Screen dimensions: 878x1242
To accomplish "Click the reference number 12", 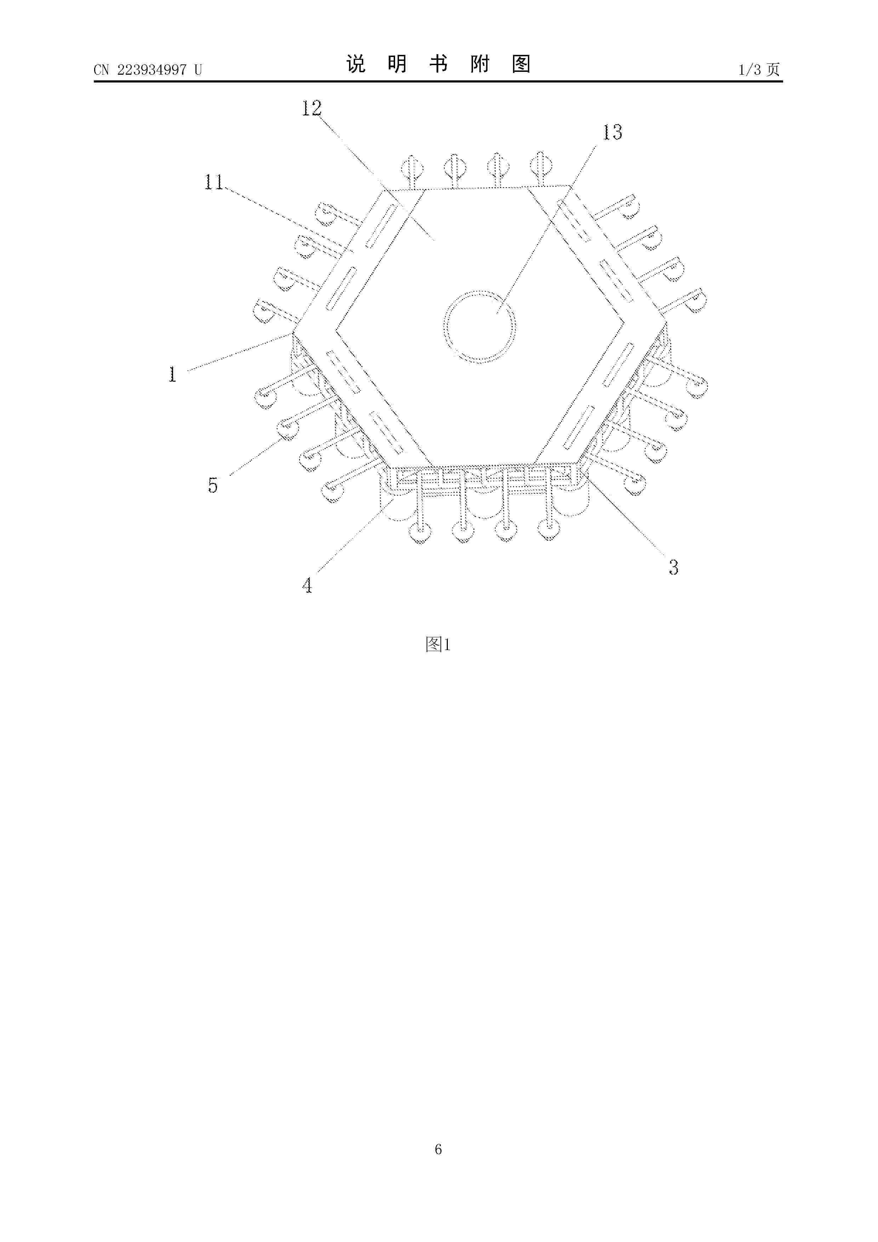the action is click(x=312, y=108).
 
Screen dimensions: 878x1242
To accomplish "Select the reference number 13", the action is click(x=612, y=132).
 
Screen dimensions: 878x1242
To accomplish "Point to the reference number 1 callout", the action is click(x=172, y=374).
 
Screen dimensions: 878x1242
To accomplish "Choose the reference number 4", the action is click(x=307, y=585).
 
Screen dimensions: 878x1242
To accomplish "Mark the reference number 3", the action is click(x=673, y=567).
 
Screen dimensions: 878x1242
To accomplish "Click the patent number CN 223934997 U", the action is click(x=148, y=69).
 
